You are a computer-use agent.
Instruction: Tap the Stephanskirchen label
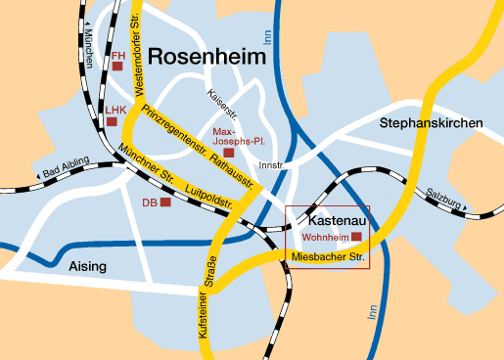[x=432, y=122]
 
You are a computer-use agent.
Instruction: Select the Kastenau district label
[x=327, y=220]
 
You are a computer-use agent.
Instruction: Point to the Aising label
[x=87, y=266]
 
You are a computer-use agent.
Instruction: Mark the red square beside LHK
[x=113, y=122]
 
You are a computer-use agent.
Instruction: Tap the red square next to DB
[x=165, y=202]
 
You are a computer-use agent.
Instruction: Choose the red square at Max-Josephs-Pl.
[x=229, y=153]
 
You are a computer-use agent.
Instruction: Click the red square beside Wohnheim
[x=357, y=237]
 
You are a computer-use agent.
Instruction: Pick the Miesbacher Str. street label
[x=328, y=257]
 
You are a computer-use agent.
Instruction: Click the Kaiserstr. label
[x=223, y=101]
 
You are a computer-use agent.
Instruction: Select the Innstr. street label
[x=269, y=165]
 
